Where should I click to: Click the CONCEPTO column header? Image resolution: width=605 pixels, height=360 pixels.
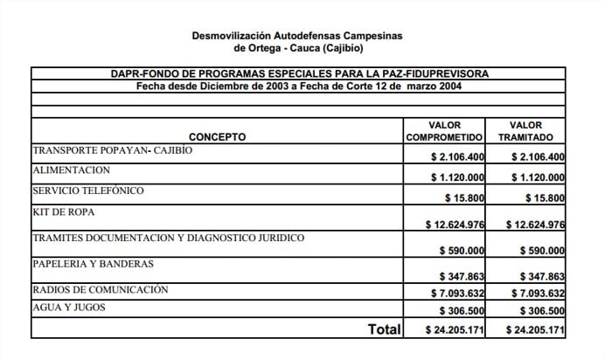(217, 137)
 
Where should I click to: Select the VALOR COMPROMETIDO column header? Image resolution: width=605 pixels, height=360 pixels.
(444, 131)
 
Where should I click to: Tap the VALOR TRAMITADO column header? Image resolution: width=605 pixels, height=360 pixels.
(526, 131)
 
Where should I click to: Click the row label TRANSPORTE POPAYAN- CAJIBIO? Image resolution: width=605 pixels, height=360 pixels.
(112, 150)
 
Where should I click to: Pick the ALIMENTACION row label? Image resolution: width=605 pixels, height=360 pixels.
(71, 170)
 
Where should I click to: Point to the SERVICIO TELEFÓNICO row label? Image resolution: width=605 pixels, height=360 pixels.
(87, 190)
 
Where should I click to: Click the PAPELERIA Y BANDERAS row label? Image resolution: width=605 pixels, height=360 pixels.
(93, 263)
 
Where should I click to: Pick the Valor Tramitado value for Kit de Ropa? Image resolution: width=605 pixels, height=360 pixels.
(533, 225)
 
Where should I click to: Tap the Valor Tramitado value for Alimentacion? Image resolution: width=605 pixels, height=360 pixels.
(536, 177)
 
